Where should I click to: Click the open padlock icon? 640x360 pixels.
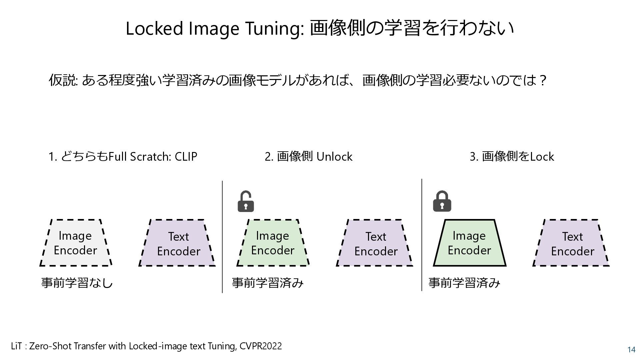tap(246, 202)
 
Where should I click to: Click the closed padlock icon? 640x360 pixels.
tap(442, 201)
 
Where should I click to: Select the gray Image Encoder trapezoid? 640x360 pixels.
tap(76, 243)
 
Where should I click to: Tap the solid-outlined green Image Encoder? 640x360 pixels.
tap(469, 243)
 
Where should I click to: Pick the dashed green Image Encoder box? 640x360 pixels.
tap(273, 243)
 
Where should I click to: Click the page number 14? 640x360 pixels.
tap(631, 350)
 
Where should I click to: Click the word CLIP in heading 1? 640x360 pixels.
tap(186, 156)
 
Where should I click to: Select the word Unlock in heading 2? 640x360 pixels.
tap(334, 156)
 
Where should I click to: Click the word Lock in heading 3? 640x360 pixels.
tap(542, 156)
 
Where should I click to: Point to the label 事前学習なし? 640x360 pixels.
tap(77, 283)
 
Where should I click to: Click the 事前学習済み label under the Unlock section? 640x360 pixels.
tap(268, 283)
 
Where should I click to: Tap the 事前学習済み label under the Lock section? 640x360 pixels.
tap(464, 283)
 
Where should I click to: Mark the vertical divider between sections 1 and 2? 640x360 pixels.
tap(222, 237)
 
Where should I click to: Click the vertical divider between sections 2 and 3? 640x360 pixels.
tap(422, 235)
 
